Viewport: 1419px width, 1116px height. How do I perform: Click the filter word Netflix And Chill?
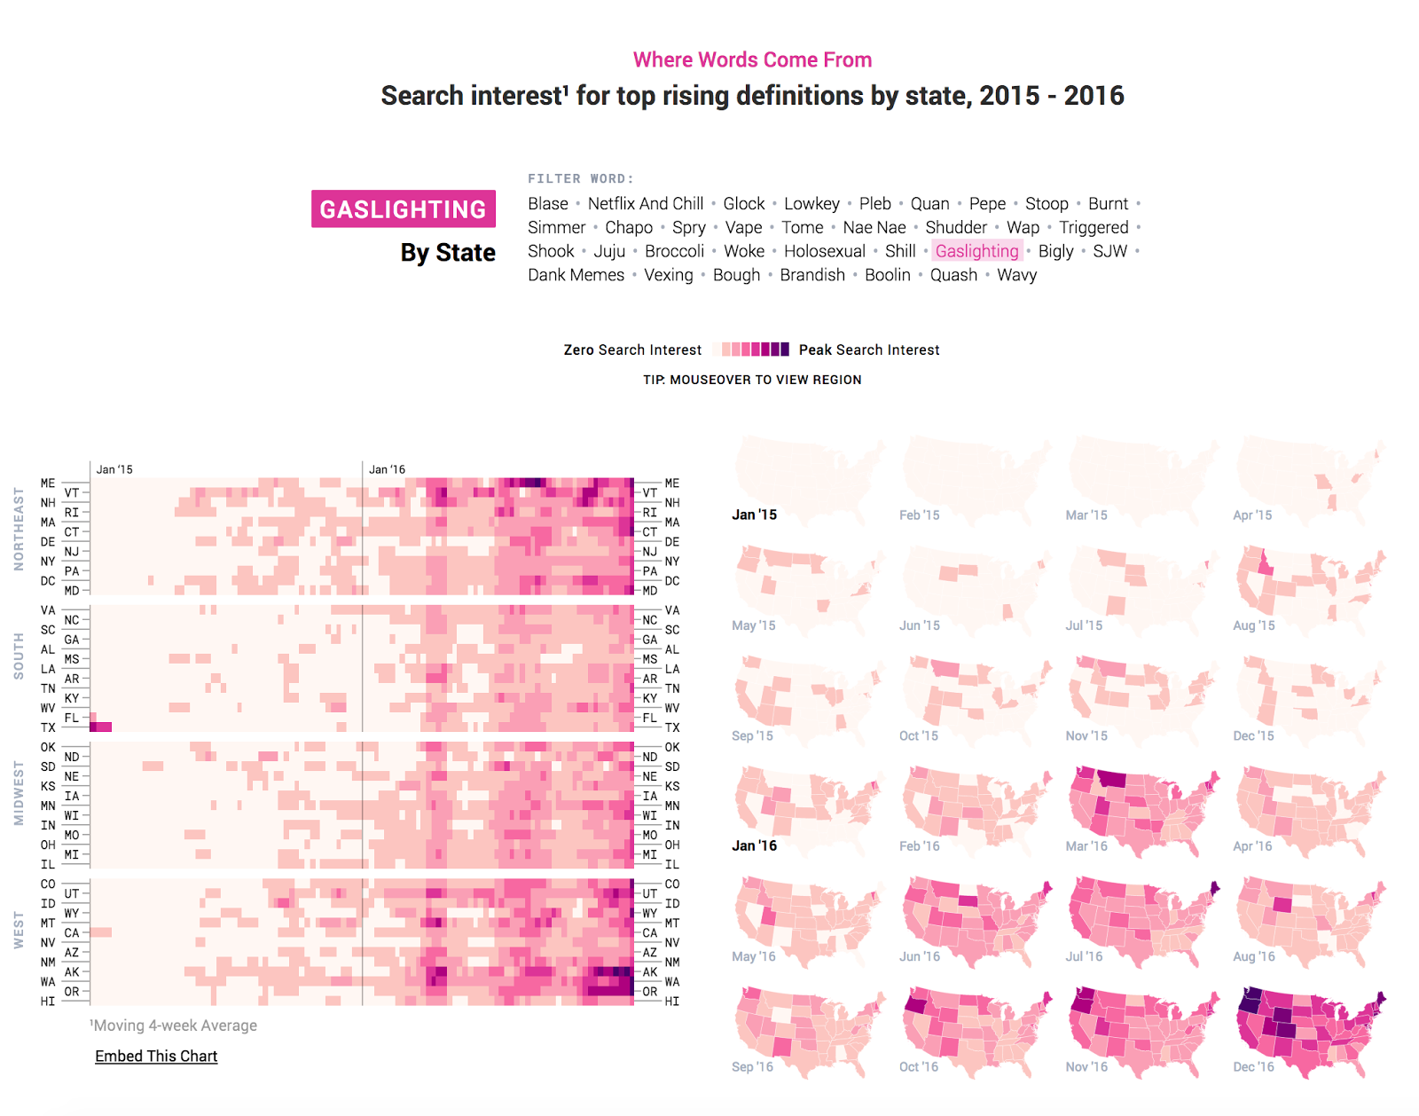645,204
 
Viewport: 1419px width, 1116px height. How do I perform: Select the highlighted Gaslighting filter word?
976,251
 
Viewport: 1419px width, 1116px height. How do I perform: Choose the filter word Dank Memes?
576,275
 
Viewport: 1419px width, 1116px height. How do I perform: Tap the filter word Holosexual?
824,251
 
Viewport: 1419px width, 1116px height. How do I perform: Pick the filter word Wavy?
1016,275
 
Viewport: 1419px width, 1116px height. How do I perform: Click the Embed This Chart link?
156,1056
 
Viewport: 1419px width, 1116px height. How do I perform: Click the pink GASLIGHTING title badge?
403,209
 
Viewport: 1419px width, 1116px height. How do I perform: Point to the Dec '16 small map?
1310,1029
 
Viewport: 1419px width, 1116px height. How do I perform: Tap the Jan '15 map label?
754,515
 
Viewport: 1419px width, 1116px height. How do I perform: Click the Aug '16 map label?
1253,956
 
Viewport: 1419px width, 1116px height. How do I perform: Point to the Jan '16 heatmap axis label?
387,469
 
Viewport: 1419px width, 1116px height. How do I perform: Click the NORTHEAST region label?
19,529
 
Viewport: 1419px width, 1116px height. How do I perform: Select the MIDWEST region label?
19,793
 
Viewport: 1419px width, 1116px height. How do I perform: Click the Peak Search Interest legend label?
868,350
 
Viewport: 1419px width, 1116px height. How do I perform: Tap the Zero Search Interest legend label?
632,350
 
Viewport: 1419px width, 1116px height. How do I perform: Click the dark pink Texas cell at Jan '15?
101,727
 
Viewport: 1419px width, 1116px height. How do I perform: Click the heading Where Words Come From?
752,59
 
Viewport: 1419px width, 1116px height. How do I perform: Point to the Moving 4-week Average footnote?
174,1026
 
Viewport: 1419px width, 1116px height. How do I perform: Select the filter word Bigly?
1055,251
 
